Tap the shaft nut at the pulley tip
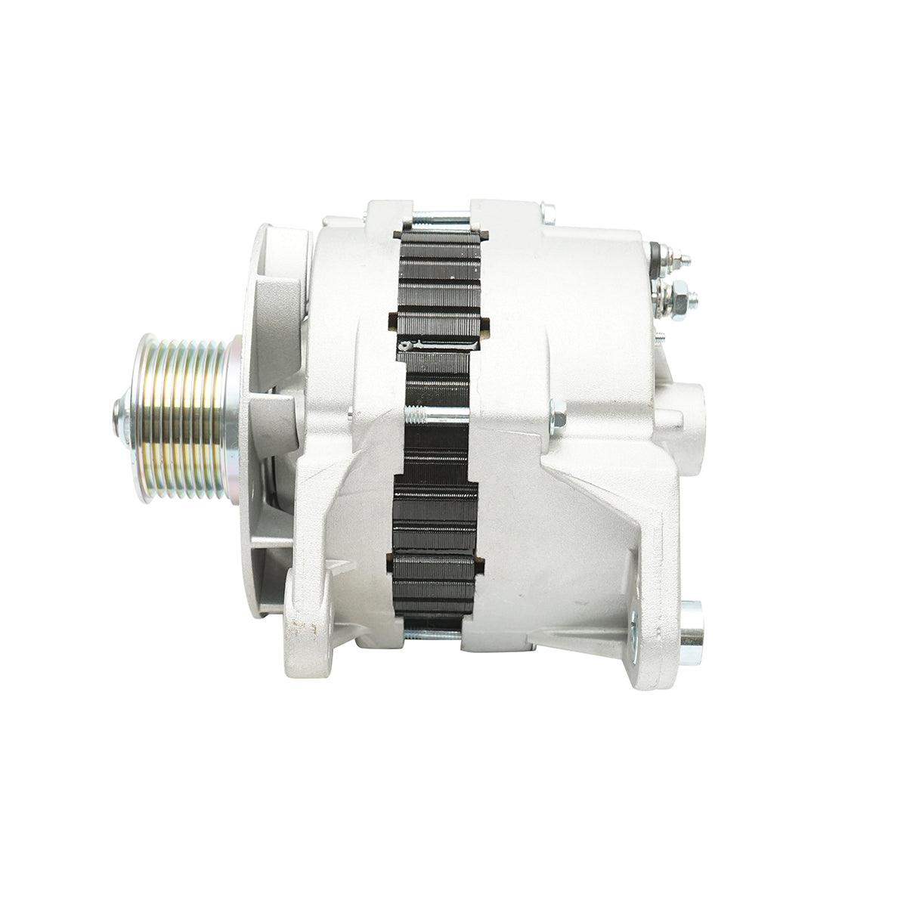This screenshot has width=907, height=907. pyautogui.click(x=120, y=413)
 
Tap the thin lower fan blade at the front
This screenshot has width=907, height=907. pyautogui.click(x=268, y=540)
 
